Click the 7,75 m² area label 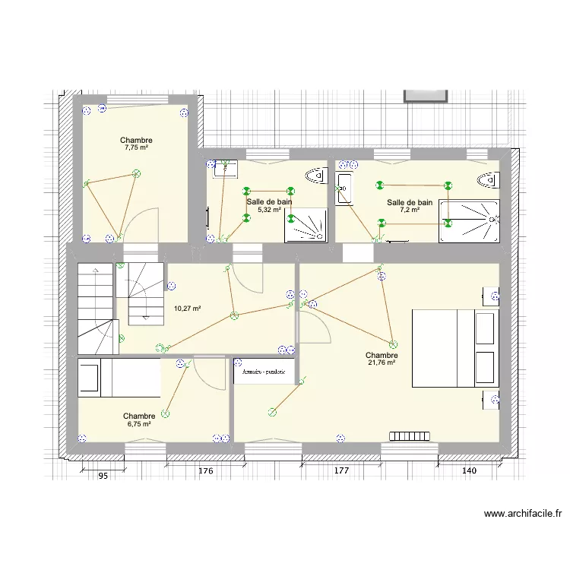click(x=136, y=149)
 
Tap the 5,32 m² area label click(x=269, y=210)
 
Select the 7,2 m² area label click(x=410, y=211)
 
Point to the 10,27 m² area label click(x=187, y=309)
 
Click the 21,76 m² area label click(x=382, y=363)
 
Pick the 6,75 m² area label click(x=139, y=424)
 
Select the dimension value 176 click(x=206, y=472)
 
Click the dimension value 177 click(x=340, y=472)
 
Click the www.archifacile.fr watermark click(x=523, y=515)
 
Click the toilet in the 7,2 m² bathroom click(x=488, y=180)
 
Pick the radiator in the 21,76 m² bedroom click(x=411, y=436)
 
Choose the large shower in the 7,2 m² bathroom click(x=470, y=221)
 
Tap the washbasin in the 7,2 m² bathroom click(x=343, y=188)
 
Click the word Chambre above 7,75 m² click(x=136, y=141)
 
